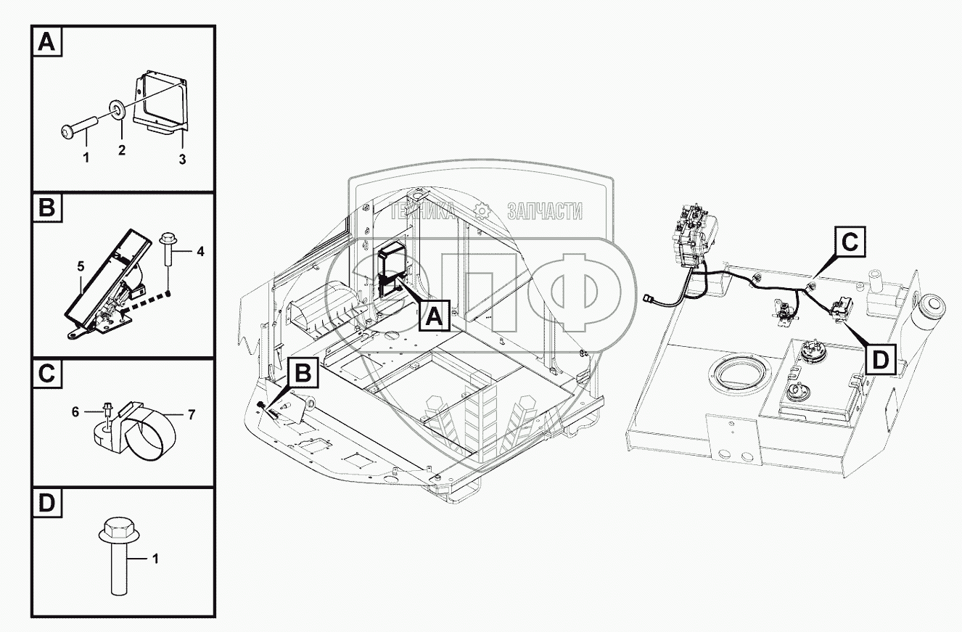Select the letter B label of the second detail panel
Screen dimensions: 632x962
pos(46,210)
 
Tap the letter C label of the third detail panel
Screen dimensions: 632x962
pos(46,375)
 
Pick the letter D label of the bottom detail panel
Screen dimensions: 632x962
pos(46,503)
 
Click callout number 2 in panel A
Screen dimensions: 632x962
pos(122,150)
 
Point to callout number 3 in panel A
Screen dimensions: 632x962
pos(182,158)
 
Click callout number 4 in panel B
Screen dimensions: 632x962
pos(200,252)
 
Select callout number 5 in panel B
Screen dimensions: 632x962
pos(80,266)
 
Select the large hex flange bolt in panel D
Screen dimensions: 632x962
pos(117,555)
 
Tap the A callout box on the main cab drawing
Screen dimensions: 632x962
pos(432,316)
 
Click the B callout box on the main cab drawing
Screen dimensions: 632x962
pos(304,374)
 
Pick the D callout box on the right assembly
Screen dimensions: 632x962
pos(880,358)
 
